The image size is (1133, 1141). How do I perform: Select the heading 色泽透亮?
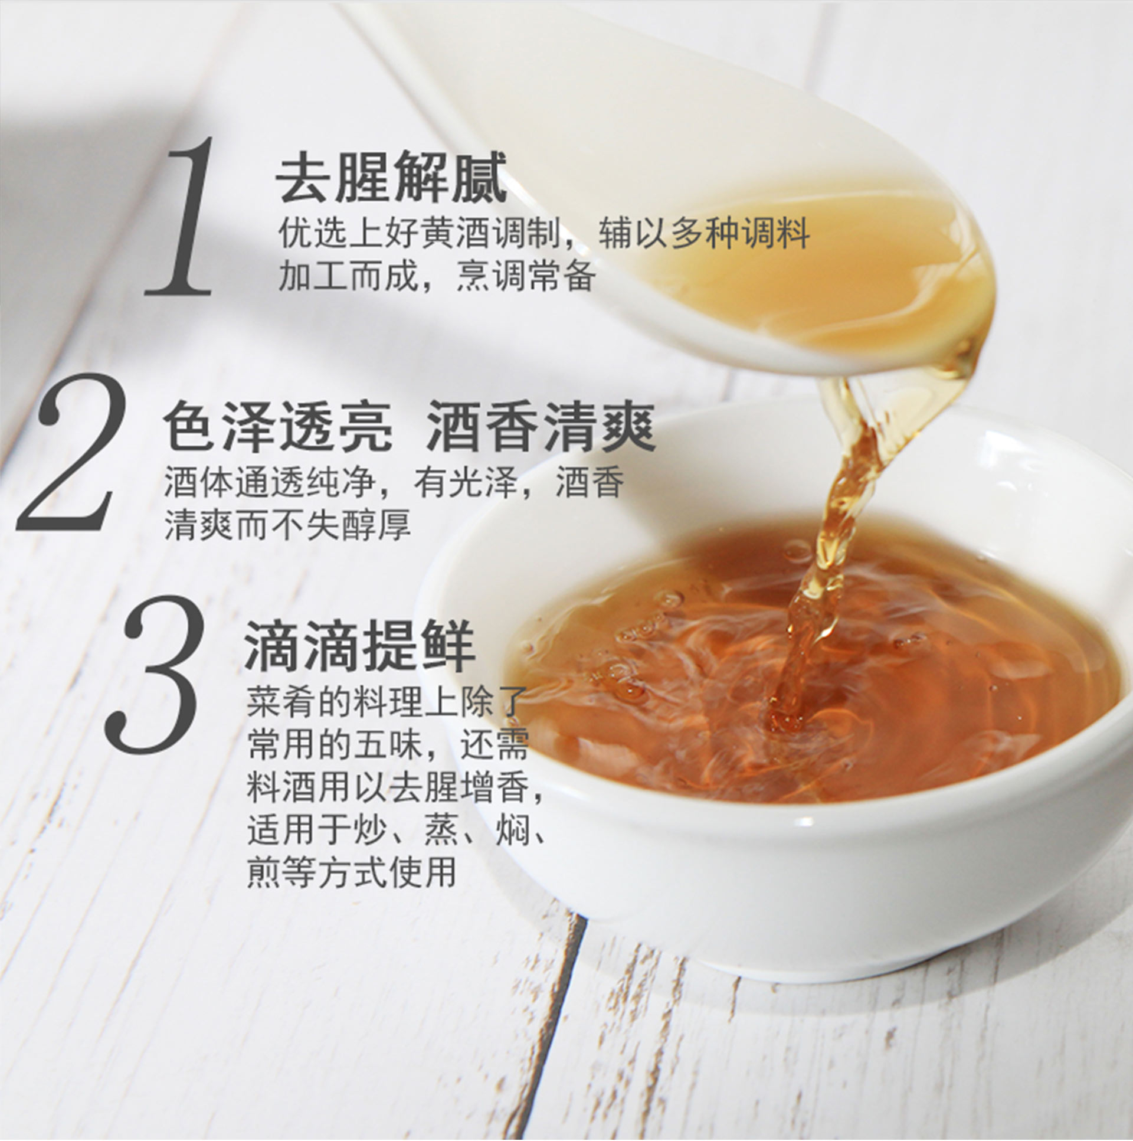(277, 426)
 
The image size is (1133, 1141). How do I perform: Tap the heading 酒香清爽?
(541, 426)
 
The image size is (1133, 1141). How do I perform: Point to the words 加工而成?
(348, 275)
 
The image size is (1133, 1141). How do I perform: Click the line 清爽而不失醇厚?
(287, 524)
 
